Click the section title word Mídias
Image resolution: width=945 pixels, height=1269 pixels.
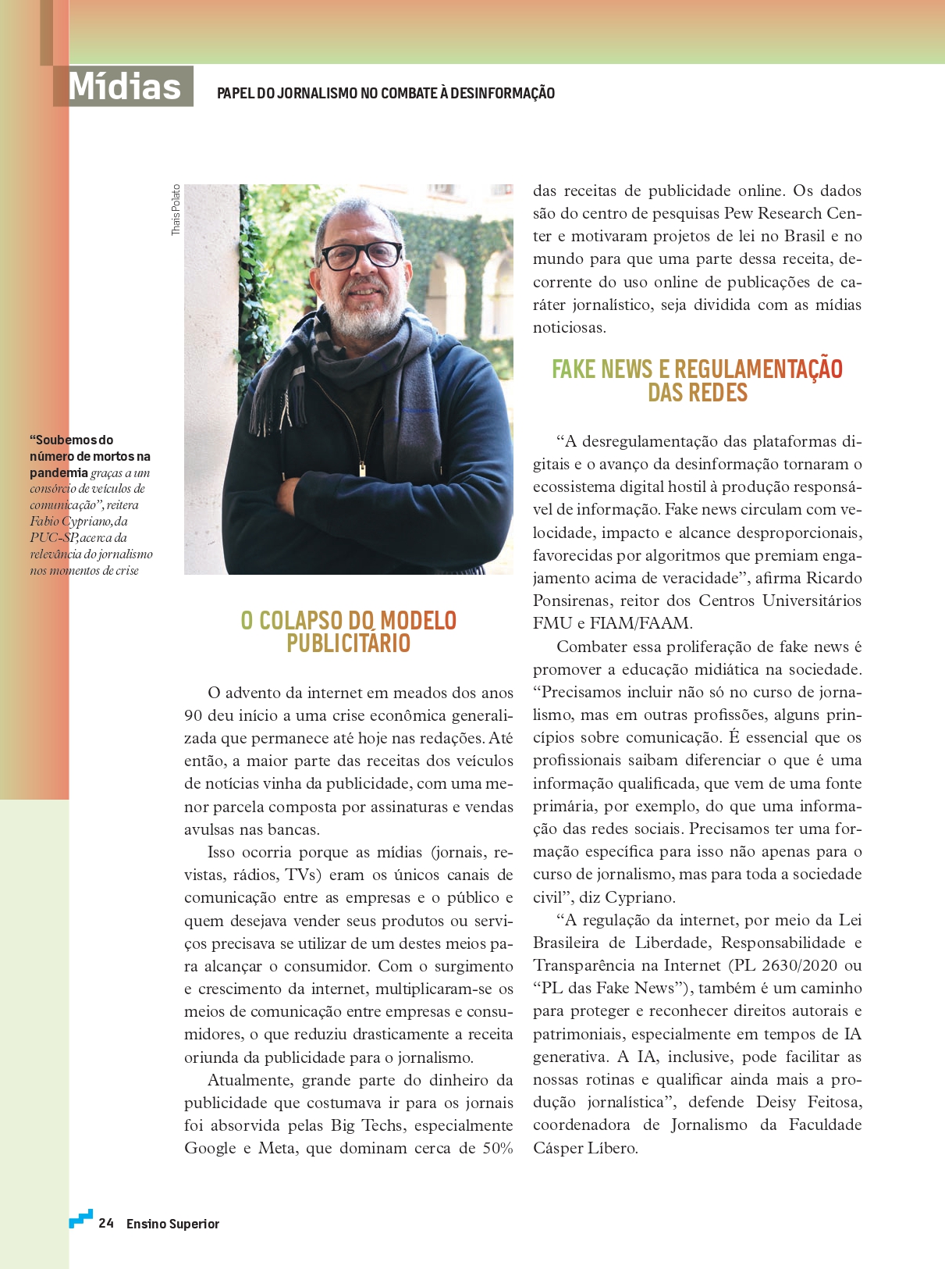click(x=124, y=86)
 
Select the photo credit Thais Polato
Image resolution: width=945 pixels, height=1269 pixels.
click(x=176, y=209)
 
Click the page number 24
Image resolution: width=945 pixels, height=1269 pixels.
click(x=106, y=1223)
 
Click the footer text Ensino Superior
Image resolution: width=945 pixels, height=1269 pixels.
click(x=172, y=1224)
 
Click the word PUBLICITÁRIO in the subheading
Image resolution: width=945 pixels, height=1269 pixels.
click(x=348, y=643)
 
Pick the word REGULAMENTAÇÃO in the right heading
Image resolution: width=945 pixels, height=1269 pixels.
click(x=758, y=369)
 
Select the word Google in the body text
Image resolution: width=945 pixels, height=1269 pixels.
click(x=210, y=1148)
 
